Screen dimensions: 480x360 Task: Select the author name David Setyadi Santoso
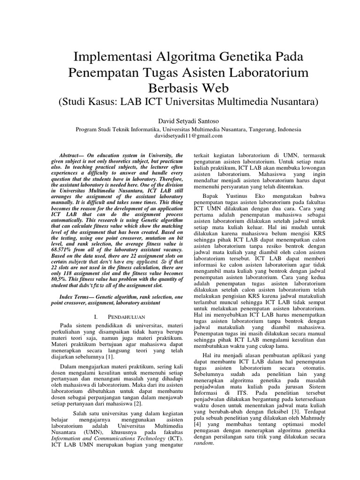[180, 120]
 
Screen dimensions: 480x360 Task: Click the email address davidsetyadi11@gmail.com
[180, 136]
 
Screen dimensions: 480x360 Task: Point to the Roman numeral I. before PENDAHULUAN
[96, 317]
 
